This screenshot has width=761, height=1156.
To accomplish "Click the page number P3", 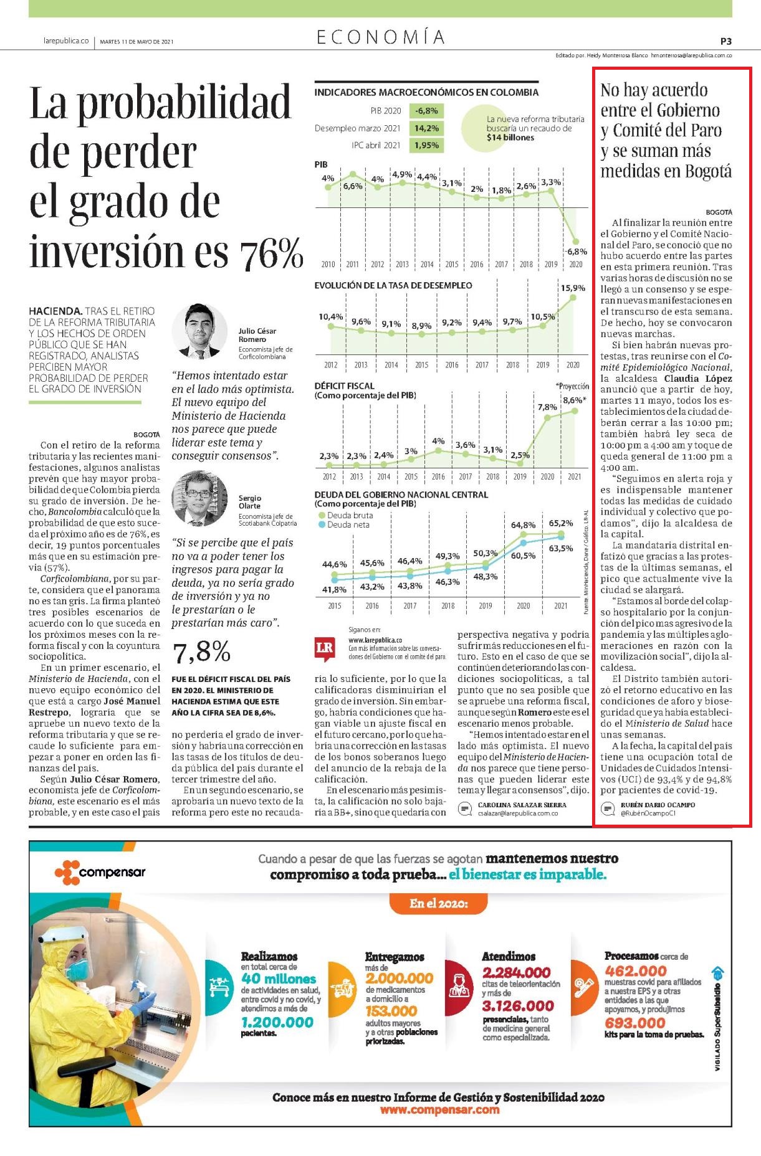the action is [x=725, y=41].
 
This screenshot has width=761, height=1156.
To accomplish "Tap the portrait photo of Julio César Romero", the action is [x=199, y=331].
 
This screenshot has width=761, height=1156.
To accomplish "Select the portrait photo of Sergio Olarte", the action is [x=199, y=498].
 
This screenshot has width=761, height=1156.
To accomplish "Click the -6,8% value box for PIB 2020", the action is [x=426, y=111].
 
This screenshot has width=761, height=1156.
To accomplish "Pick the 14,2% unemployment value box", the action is [x=426, y=128].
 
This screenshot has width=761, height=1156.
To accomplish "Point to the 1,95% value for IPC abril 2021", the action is [x=426, y=145].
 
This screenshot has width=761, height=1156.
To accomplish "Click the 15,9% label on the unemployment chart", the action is [x=573, y=288].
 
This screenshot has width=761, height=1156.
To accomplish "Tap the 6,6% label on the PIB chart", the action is [x=353, y=186].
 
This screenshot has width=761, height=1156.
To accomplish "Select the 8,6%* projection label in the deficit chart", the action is [x=575, y=400].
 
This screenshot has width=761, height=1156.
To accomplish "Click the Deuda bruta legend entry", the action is [x=346, y=515].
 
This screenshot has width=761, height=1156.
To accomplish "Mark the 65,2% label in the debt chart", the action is [x=561, y=523].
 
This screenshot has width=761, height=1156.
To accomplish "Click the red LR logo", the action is [x=325, y=648].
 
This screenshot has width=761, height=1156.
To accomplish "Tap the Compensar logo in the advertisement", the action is [x=100, y=872].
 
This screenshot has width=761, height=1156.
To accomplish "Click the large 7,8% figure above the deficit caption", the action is [x=201, y=652].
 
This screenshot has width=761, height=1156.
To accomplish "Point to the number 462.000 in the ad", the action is [x=636, y=970].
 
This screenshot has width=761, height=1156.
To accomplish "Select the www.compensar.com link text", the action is [x=439, y=1109].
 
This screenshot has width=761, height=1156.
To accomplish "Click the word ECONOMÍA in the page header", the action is [x=381, y=37].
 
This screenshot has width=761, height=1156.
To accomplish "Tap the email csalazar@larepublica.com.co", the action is [x=518, y=813].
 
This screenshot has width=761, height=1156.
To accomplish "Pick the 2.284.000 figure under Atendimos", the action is [x=517, y=972].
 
